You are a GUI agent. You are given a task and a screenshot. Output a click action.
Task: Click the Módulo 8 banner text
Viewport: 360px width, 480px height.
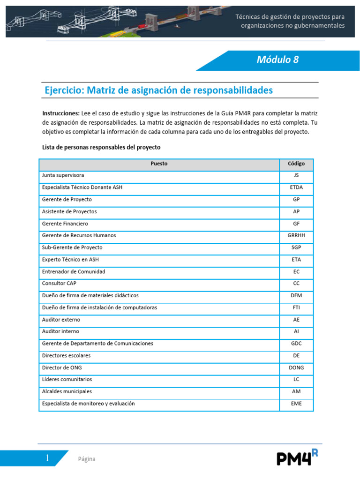click(x=277, y=60)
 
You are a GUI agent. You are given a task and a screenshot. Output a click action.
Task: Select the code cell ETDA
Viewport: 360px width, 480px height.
click(x=296, y=187)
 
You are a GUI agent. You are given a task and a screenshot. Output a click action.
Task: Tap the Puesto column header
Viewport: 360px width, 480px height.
click(x=159, y=164)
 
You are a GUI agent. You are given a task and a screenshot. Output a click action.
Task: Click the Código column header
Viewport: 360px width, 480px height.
click(x=296, y=164)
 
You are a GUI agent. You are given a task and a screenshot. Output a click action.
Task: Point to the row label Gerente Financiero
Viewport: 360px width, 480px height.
click(x=65, y=224)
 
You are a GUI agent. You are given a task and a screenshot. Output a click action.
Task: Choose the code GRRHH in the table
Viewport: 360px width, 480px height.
click(x=296, y=235)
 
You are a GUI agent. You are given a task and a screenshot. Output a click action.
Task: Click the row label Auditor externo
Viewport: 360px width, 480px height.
click(x=61, y=320)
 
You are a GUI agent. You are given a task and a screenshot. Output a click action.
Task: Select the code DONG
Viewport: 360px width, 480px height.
click(x=296, y=367)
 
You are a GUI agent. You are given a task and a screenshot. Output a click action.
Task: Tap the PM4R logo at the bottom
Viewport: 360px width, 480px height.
click(x=300, y=457)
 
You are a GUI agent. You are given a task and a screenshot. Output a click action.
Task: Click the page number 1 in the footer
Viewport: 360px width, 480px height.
click(x=47, y=458)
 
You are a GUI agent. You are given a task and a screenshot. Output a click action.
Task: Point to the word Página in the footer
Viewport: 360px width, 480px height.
click(x=87, y=459)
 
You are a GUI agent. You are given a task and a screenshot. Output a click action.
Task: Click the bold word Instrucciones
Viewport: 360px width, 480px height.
click(x=61, y=113)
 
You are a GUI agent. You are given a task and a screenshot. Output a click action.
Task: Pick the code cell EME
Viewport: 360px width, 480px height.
click(x=296, y=404)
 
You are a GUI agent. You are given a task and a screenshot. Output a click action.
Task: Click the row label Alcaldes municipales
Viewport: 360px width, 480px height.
click(x=67, y=391)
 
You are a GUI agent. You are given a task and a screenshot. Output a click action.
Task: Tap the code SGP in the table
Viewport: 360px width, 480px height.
click(x=296, y=247)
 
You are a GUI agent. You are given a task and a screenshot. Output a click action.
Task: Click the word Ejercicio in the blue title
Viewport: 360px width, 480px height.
click(x=64, y=90)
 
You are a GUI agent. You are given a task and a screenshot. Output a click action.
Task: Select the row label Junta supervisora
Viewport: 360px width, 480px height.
click(x=63, y=175)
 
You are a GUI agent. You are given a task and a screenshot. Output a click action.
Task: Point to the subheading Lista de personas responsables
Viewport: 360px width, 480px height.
click(x=101, y=147)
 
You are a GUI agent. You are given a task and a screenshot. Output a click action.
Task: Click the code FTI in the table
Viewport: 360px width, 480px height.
click(x=296, y=307)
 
